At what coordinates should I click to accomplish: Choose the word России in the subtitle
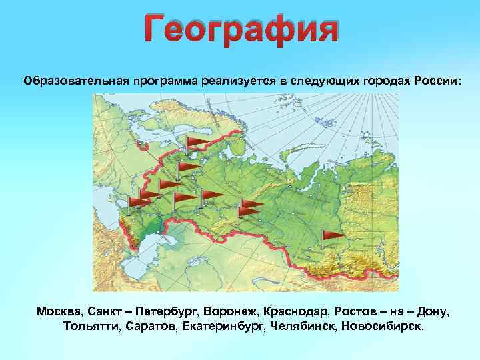tap(436, 81)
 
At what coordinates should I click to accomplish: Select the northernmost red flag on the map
tap(197, 142)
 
